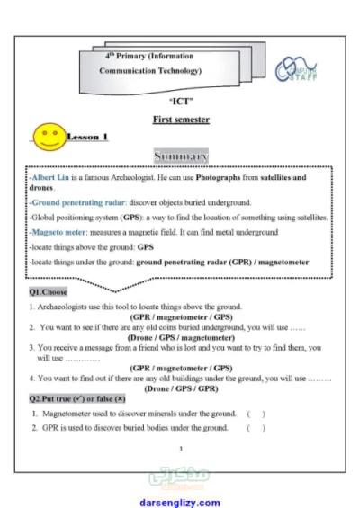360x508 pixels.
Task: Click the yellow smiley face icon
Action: [x=47, y=136]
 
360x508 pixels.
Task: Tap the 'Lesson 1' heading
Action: [x=87, y=137]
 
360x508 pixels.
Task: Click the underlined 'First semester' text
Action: [x=181, y=119]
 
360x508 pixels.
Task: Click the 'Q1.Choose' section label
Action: [x=49, y=292]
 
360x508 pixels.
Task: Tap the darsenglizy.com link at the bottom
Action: [x=180, y=503]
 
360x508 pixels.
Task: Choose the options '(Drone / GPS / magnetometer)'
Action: [x=182, y=337]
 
